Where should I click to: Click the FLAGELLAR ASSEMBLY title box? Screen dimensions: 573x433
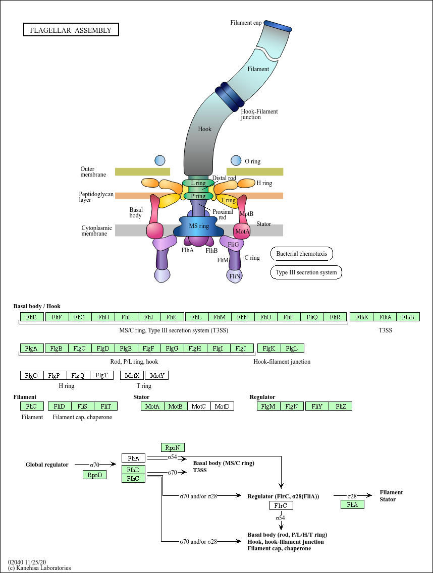[x=71, y=30]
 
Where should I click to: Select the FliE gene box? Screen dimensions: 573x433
[x=32, y=317]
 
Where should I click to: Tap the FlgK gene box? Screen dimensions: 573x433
[x=269, y=348]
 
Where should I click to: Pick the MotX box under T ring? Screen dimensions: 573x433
[x=132, y=375]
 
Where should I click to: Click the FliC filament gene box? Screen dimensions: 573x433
[x=32, y=406]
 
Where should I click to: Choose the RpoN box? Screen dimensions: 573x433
[x=173, y=447]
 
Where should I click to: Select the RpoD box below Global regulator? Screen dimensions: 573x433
[x=95, y=475]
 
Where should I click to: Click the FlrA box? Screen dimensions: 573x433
[x=133, y=458]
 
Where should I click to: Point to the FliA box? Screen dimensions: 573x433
[x=352, y=504]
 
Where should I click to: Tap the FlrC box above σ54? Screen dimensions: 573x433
[x=281, y=505]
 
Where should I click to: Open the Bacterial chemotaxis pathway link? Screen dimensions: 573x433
[x=302, y=254]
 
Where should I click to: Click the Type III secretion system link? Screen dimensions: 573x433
[x=306, y=273]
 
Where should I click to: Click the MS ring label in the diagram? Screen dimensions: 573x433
[x=199, y=226]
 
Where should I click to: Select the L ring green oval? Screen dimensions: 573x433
[x=195, y=183]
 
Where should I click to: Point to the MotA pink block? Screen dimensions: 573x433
[x=242, y=232]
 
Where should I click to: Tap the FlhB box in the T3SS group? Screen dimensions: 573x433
[x=408, y=317]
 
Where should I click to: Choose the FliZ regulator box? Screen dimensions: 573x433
[x=341, y=406]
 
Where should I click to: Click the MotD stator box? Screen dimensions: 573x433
[x=222, y=406]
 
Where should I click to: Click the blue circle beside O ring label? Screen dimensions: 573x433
[x=236, y=160]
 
